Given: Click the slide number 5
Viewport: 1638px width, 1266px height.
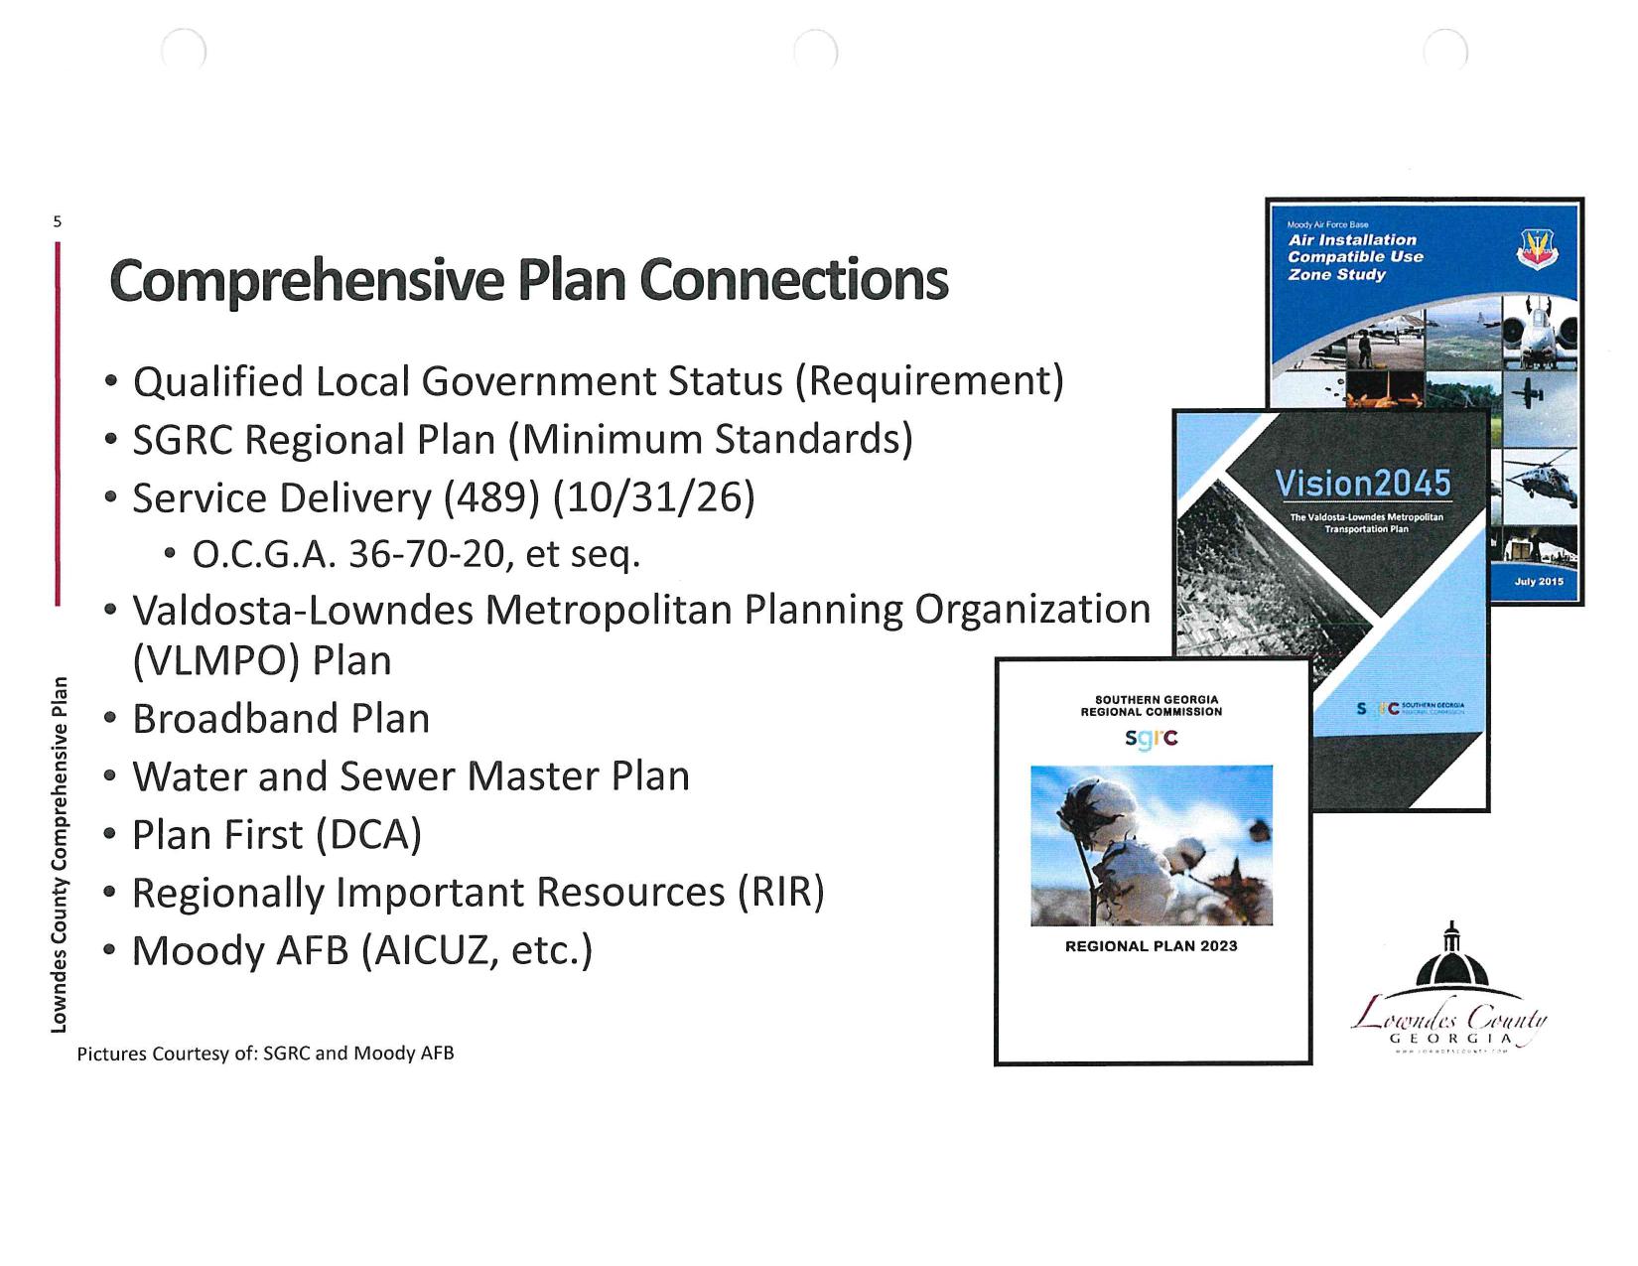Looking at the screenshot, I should coord(57,221).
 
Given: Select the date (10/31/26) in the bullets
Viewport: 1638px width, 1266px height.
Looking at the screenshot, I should coord(654,497).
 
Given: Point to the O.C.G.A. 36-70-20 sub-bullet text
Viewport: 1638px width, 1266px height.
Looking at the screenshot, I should coord(416,554).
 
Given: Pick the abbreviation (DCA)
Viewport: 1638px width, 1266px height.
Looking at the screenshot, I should coord(368,835).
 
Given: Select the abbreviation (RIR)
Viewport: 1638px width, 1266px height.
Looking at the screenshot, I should coord(781,893).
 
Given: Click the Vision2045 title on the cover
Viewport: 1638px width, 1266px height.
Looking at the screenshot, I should coord(1362,484).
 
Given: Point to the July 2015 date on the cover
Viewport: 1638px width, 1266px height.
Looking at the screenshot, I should coord(1539,581).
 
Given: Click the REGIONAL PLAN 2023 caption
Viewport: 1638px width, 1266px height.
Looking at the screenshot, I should coord(1152,946).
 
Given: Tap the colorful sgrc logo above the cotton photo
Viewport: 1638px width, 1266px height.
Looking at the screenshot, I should coord(1152,738).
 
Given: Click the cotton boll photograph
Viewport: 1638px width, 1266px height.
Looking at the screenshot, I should coord(1152,845).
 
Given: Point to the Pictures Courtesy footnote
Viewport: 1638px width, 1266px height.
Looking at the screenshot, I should coord(266,1054).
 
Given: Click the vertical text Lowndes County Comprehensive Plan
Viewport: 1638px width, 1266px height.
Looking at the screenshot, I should coord(60,854).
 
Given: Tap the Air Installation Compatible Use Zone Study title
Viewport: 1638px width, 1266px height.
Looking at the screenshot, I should coord(1355,257).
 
